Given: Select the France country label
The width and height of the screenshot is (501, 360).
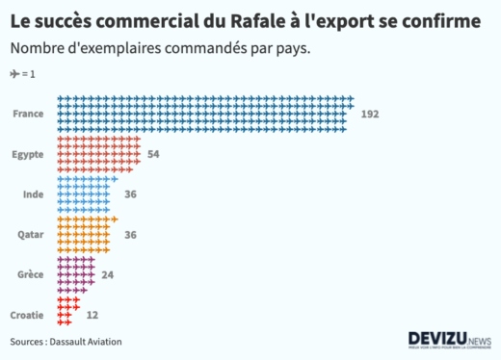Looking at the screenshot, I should pos(28,114).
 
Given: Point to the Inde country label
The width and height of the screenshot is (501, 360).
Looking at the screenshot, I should pos(33,194).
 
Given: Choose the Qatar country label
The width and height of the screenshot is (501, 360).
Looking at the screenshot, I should pos(30,235).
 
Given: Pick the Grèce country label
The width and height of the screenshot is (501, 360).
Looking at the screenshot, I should pos(30,275).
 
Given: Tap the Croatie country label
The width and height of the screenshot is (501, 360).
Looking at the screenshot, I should pos(26,315).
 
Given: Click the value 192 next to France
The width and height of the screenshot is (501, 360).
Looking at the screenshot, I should pos(370,114).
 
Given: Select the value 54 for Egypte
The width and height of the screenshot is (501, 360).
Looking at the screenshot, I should pos(153,154).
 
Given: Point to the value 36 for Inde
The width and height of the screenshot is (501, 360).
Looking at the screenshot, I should pos(130,194).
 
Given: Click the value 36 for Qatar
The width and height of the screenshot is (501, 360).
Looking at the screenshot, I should pos(130,235).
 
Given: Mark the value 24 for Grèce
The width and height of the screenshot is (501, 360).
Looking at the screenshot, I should pos(108,275).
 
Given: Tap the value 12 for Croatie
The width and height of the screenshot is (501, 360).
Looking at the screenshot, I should pos(92,315).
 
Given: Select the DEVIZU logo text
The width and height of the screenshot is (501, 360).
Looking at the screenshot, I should pos(437,339).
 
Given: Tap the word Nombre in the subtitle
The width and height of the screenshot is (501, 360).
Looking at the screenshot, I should pos(37,48).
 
